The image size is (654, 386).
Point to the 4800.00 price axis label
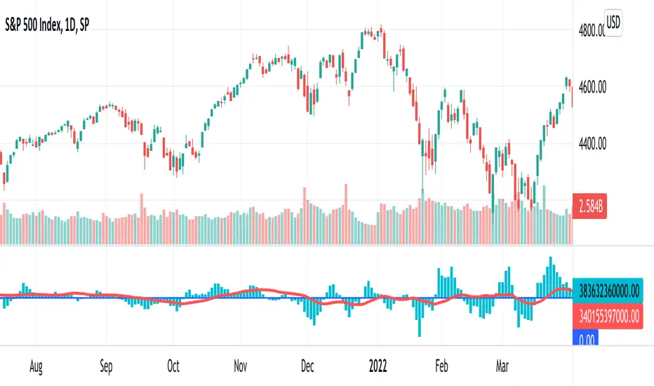pyautogui.click(x=589, y=30)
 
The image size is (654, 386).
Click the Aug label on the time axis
pyautogui.click(x=36, y=366)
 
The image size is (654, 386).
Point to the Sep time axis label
pyautogui.click(x=106, y=366)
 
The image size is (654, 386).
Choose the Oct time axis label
pyautogui.click(x=173, y=366)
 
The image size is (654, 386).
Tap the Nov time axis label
pyautogui.click(x=241, y=366)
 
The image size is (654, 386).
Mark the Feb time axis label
pyautogui.click(x=441, y=366)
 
